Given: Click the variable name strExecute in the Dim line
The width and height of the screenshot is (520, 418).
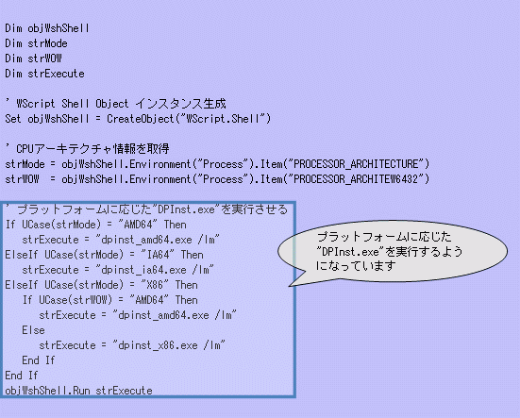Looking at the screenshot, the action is click(56, 74).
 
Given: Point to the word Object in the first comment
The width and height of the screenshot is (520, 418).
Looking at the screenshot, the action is click(111, 104).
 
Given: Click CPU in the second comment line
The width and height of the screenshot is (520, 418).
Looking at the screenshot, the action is click(25, 149).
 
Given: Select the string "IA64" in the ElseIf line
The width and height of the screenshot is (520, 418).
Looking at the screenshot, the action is click(158, 255).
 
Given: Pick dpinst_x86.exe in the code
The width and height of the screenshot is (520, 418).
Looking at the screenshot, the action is click(158, 345).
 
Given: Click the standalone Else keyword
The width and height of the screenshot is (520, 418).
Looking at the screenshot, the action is click(33, 330).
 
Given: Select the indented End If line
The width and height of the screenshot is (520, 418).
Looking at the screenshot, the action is click(39, 360).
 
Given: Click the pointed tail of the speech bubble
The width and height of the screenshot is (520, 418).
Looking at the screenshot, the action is click(289, 286).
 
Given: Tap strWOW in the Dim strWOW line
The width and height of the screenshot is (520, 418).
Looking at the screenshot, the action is click(44, 59).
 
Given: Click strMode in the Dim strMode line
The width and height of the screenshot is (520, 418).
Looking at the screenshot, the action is click(47, 43).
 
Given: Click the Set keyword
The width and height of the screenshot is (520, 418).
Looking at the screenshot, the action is click(13, 119).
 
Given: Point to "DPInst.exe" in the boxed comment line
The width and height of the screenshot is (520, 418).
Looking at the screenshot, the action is click(186, 209).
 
